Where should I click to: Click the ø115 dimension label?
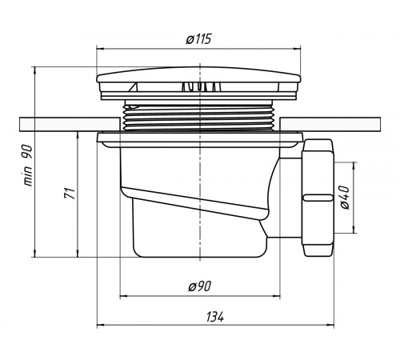coord(198,39)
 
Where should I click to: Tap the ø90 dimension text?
coord(199,286)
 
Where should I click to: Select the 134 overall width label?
coord(215,317)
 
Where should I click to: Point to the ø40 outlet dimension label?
coord(345,198)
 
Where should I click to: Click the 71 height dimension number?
coord(70,193)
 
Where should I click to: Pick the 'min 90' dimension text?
coord(28,166)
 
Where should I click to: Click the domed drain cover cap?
coord(198,75)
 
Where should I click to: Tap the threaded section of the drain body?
coord(199,117)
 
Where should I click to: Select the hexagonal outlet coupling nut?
coord(318,198)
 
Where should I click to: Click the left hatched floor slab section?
coord(70,124)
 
